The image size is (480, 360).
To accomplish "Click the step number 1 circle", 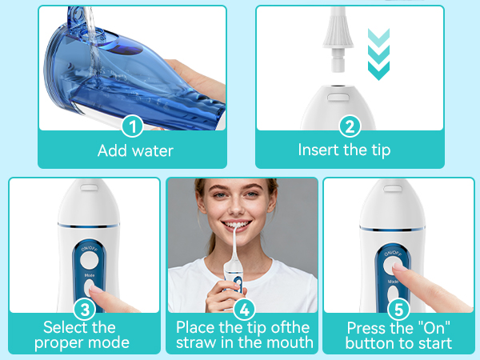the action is tap(133, 126).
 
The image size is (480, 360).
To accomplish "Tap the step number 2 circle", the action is tap(350, 126).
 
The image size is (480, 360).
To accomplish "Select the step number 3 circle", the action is tap(85, 309).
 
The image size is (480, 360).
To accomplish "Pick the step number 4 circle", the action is tap(244, 309).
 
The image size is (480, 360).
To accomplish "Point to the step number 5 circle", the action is tap(398, 309).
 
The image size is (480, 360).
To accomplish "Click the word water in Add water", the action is tap(153, 151).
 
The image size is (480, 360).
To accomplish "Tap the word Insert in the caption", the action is tap(318, 150).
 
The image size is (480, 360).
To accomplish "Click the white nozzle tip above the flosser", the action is tap(338, 39).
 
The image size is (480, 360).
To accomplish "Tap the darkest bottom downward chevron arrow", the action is tap(378, 70).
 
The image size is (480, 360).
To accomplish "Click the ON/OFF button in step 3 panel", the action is tap(90, 261).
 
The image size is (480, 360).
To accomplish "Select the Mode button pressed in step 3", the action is tap(89, 288).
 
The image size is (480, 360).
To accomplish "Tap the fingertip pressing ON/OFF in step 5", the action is tap(398, 266).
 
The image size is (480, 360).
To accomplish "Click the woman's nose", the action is tap(236, 206).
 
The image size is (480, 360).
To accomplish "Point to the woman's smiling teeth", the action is tap(238, 225).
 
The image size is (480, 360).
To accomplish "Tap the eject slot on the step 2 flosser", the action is tap(338, 97).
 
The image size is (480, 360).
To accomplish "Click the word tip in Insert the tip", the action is tap(381, 150).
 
